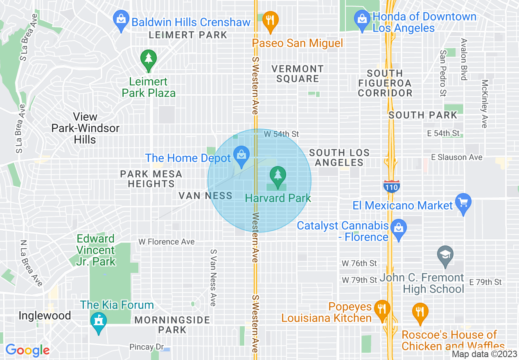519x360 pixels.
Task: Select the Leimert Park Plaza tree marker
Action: [x=148, y=60]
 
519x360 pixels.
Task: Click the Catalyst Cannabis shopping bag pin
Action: [x=398, y=229]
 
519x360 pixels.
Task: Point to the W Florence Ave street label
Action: [x=167, y=242]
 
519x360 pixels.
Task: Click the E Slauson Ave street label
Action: [x=456, y=157]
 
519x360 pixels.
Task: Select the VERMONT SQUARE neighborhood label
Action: [x=298, y=74]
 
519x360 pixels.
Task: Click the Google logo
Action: [x=27, y=350]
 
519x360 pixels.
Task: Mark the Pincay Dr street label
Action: [x=147, y=347]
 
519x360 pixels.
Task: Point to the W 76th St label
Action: [x=360, y=263]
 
